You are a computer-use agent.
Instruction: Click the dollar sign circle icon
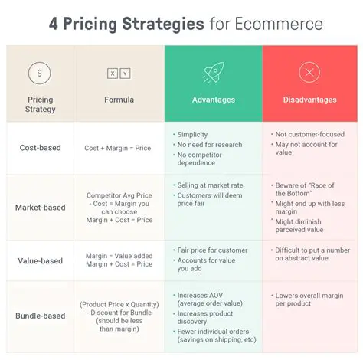pyautogui.click(x=40, y=74)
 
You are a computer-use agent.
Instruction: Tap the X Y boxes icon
pyautogui.click(x=119, y=74)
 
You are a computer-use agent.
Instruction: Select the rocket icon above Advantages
pyautogui.click(x=213, y=74)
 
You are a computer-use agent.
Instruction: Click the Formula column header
pyautogui.click(x=119, y=100)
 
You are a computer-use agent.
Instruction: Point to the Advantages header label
pyautogui.click(x=213, y=100)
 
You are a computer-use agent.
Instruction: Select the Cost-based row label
pyautogui.click(x=41, y=148)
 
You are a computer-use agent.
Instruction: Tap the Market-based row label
pyautogui.click(x=41, y=208)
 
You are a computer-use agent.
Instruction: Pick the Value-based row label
pyautogui.click(x=41, y=261)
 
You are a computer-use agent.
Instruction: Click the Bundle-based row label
pyautogui.click(x=41, y=316)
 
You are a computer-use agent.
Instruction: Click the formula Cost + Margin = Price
pyautogui.click(x=119, y=148)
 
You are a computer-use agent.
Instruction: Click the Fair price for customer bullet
pyautogui.click(x=212, y=250)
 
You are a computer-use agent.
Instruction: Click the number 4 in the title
pyautogui.click(x=54, y=23)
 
